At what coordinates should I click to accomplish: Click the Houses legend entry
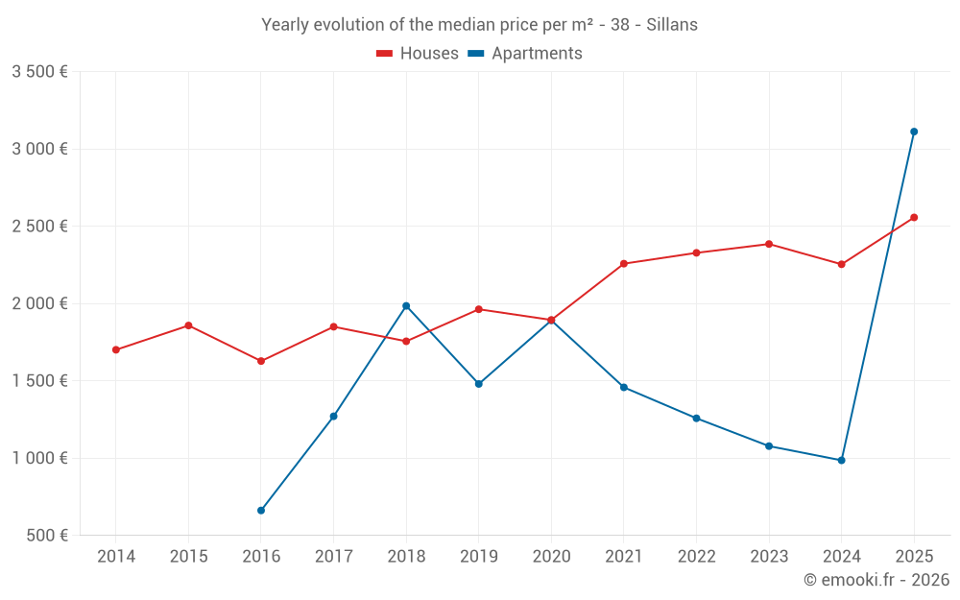(418, 54)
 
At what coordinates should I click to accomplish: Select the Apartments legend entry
(525, 54)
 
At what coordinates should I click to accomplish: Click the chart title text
(479, 24)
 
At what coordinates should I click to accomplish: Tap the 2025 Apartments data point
(914, 132)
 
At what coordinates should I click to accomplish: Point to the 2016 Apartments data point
(261, 511)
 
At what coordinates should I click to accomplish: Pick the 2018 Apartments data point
(406, 306)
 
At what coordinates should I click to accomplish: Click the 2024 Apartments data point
(841, 461)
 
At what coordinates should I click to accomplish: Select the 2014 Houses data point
(116, 349)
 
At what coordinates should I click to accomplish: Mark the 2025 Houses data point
(914, 217)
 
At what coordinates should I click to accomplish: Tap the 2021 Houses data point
(624, 264)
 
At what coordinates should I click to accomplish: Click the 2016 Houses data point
(261, 361)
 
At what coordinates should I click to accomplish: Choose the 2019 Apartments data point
(479, 384)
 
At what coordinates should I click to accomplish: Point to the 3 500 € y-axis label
(39, 72)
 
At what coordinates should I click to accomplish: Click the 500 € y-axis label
(46, 536)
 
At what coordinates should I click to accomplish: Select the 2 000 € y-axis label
(39, 303)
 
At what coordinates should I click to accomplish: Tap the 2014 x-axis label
(116, 556)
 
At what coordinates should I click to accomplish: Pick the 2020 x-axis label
(551, 556)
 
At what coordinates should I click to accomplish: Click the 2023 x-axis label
(769, 556)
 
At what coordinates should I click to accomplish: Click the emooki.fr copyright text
(876, 580)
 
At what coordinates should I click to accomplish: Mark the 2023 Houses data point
(769, 244)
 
